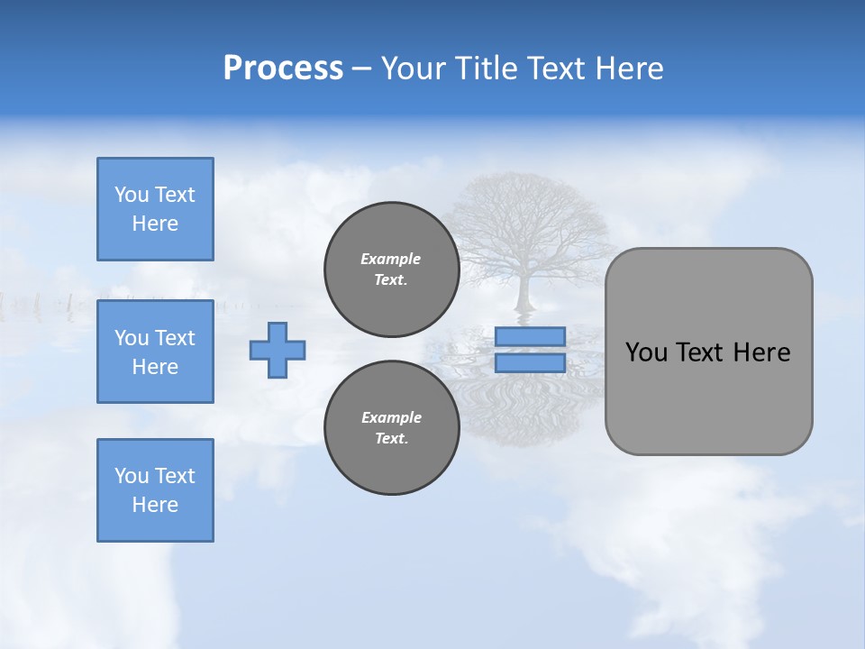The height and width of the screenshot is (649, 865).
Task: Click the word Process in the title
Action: pos(283,69)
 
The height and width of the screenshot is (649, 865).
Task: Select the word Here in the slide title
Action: pos(627,69)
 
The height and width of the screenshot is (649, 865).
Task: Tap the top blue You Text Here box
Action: pos(155,209)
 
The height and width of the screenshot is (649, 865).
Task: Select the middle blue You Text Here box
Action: pos(155,352)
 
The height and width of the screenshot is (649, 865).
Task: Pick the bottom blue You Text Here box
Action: pos(155,490)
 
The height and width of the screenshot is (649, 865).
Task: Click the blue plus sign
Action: pos(278,350)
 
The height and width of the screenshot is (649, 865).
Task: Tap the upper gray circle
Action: pos(391,269)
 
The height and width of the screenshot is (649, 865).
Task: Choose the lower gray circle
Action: pos(391,427)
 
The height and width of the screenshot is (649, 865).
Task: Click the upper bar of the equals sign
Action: pos(530,336)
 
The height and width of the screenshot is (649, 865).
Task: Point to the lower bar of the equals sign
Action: pos(530,362)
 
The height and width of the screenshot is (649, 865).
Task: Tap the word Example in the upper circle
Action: pos(391,259)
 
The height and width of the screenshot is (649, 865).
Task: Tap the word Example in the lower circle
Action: pos(391,417)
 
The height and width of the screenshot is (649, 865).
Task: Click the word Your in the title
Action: pos(410,69)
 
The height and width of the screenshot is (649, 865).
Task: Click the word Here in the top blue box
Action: pos(155,224)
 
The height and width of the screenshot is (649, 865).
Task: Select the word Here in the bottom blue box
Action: pos(155,505)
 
